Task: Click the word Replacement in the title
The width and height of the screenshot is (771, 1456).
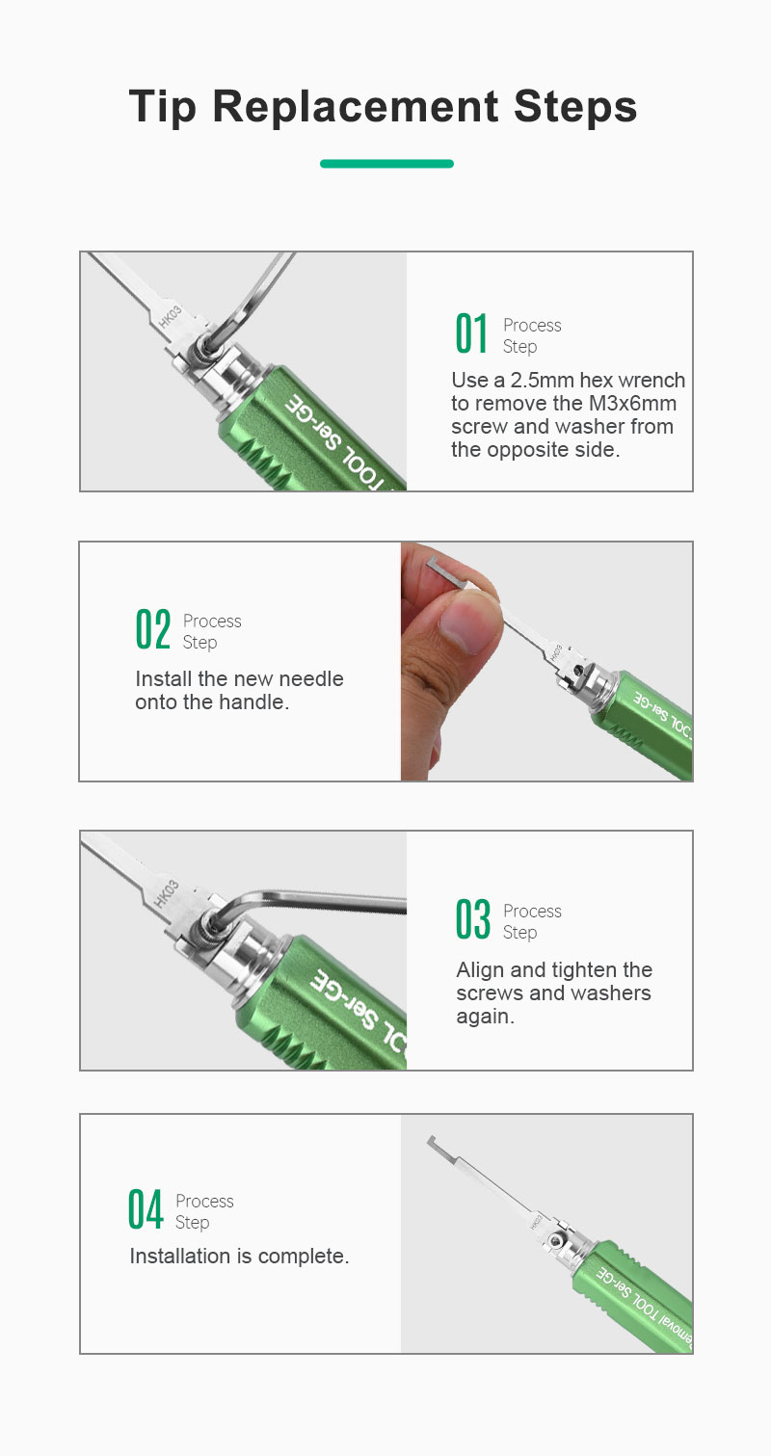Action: click(356, 107)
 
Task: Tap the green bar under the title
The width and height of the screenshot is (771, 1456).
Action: click(386, 164)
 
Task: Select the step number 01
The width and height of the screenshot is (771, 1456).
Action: click(471, 333)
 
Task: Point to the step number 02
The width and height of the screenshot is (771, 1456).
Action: click(153, 629)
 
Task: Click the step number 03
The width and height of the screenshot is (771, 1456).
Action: click(472, 919)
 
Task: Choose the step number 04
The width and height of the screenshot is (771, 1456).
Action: click(145, 1209)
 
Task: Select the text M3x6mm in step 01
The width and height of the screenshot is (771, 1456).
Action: click(632, 403)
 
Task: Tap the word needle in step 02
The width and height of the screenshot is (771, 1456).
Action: click(310, 678)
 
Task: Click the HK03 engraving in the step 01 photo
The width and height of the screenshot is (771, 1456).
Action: click(170, 316)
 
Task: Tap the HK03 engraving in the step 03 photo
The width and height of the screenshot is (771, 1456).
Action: click(167, 893)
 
